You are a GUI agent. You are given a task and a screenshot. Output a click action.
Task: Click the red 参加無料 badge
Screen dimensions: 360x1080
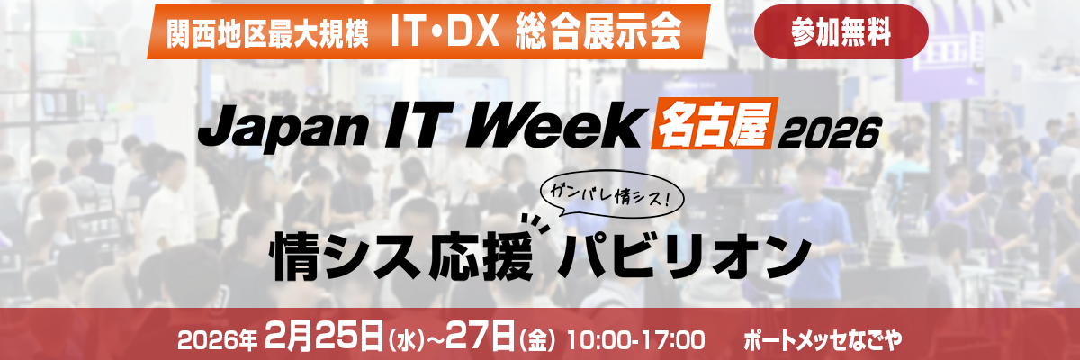click(841, 32)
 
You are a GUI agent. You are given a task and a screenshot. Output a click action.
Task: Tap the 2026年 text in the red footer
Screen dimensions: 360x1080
click(219, 340)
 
